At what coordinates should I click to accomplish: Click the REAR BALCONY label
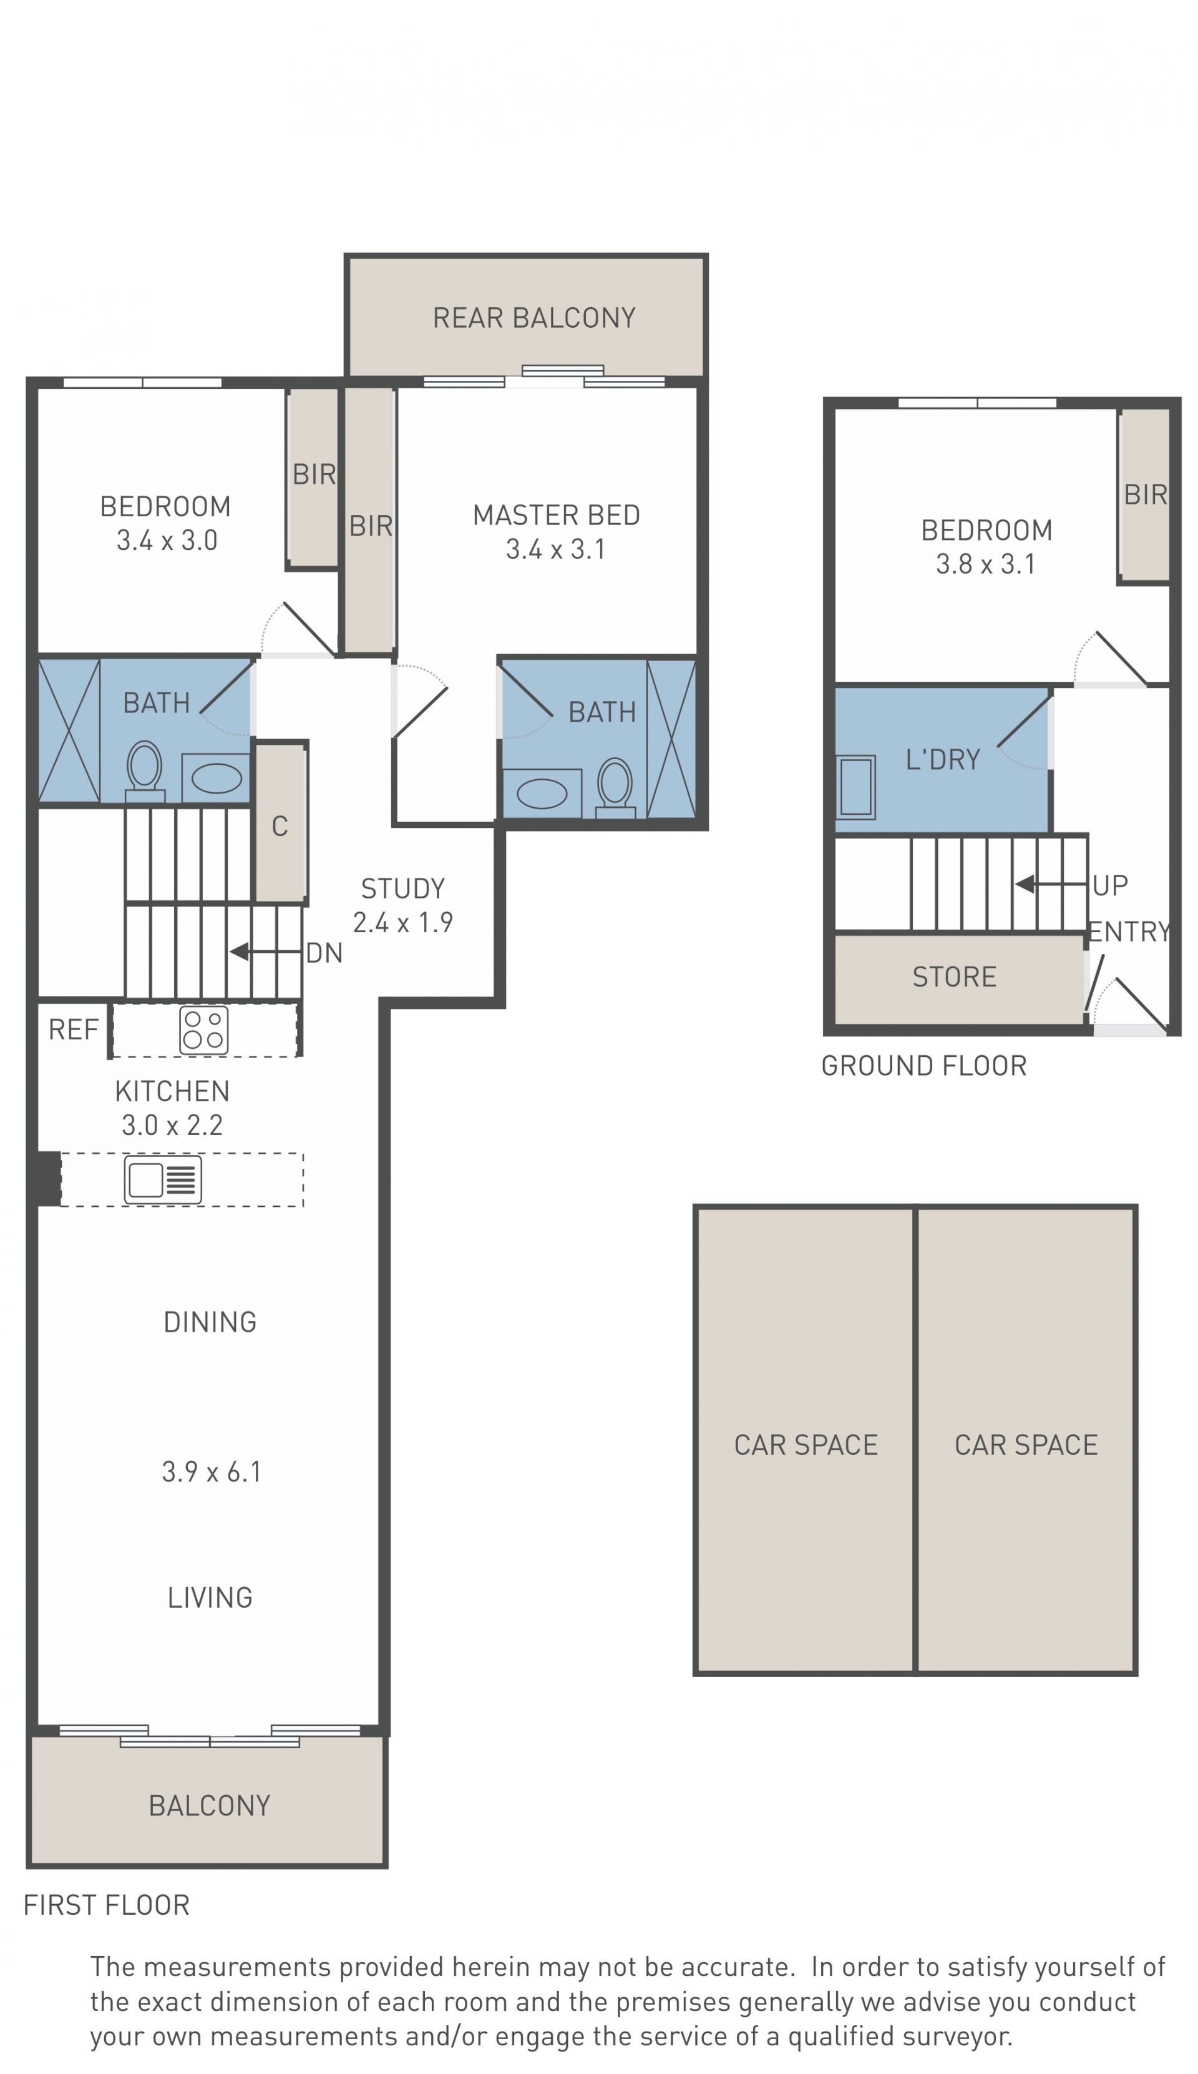pos(534,318)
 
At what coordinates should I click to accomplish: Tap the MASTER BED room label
pos(556,515)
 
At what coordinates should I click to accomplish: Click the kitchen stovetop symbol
pos(204,1030)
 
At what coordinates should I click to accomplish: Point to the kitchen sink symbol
pos(163,1179)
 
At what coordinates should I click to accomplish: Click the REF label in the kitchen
pos(73,1029)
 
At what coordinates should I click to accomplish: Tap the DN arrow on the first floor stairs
pos(265,951)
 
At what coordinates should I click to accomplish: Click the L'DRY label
pos(943,759)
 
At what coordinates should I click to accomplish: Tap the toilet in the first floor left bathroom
pos(145,771)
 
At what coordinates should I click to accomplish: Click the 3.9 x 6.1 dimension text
pos(212,1472)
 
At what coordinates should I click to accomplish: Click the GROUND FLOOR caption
pos(924,1066)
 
